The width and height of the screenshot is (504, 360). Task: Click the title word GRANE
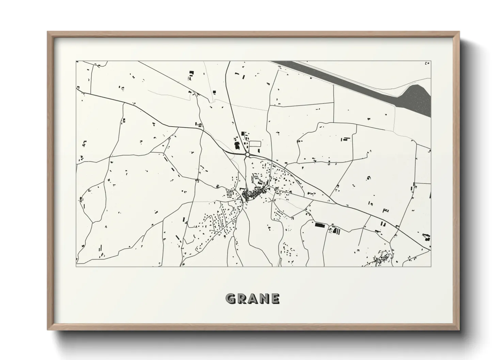tap(252, 299)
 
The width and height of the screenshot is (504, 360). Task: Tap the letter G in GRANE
tap(231, 299)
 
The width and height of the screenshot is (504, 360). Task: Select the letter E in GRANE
tap(275, 299)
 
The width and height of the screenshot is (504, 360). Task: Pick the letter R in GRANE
tap(241, 299)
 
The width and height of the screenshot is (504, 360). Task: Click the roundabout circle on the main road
tap(247, 155)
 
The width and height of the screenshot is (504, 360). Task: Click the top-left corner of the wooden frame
tap(48, 32)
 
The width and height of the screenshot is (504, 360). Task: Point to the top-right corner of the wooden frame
tap(459, 32)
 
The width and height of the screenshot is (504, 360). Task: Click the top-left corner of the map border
tap(76, 61)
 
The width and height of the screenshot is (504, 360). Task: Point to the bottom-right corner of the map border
tap(431, 266)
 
